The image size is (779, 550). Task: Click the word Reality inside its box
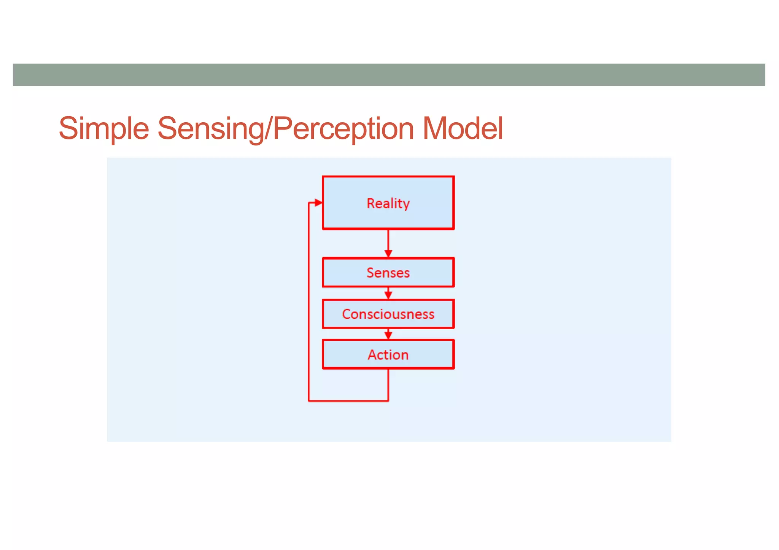(388, 204)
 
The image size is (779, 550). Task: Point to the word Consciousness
(388, 314)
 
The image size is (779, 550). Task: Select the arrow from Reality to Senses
(388, 243)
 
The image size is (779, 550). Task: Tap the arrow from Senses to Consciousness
(388, 293)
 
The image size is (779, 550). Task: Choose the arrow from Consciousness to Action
(388, 334)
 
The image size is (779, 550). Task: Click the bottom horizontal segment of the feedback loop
(348, 401)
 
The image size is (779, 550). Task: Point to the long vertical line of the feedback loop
(308, 304)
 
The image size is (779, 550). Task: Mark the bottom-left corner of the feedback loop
(309, 401)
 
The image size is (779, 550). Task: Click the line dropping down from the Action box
(388, 384)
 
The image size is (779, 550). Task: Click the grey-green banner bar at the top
(389, 75)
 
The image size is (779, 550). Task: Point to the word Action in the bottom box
(388, 355)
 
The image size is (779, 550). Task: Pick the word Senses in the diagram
(388, 273)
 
